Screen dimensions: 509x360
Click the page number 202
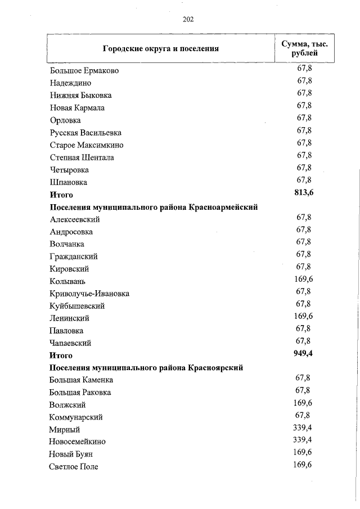188,19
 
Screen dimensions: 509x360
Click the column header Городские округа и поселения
160,48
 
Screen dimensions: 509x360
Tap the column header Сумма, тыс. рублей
304,48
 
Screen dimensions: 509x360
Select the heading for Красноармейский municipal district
154,207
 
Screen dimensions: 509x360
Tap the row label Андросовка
71,232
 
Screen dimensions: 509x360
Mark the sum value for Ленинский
303,316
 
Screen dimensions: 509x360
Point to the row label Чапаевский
70,343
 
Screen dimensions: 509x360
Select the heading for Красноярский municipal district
146,368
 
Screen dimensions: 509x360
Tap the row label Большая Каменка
85,380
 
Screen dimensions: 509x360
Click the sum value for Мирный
303,427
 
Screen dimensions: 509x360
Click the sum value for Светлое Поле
303,465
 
